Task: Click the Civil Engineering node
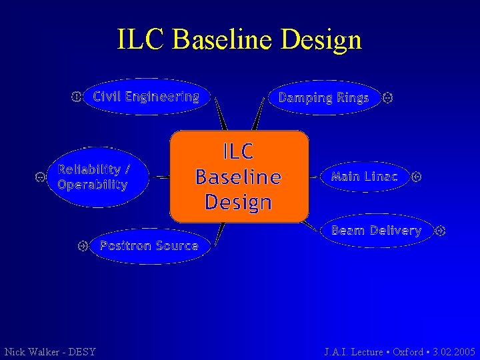pos(146,97)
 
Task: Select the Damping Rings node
pos(323,98)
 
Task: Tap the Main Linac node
pos(364,177)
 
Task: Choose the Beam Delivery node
pos(376,231)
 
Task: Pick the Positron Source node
pos(149,246)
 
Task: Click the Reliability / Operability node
pos(93,177)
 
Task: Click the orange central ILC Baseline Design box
pos(239,176)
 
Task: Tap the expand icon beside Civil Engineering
pos(76,97)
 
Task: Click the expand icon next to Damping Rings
pos(388,98)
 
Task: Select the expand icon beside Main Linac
pos(417,177)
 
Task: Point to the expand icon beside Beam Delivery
pos(439,231)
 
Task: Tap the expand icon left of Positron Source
pos(83,246)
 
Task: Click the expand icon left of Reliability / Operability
pos(40,177)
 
